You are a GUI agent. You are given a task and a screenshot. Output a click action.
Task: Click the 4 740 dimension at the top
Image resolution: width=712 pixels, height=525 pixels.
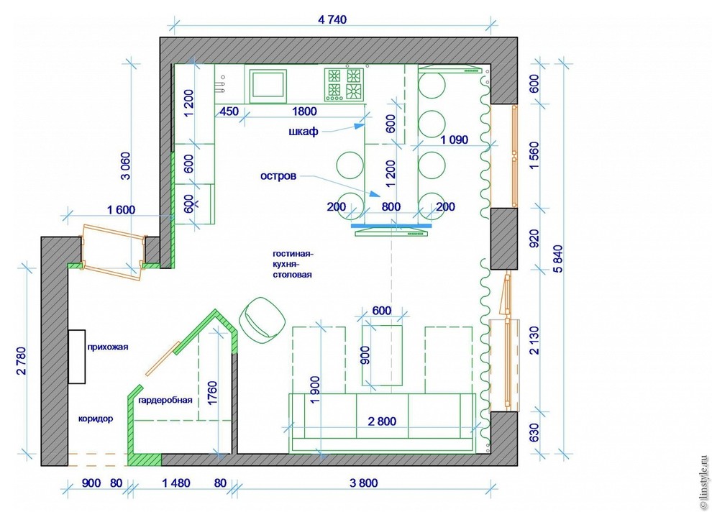(332, 19)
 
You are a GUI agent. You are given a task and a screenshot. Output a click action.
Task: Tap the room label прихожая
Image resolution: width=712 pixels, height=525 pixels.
(108, 347)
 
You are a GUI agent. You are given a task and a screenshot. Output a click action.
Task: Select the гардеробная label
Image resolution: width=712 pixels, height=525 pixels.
(165, 400)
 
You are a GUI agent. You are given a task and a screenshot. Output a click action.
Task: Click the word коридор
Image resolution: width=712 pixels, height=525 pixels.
(96, 419)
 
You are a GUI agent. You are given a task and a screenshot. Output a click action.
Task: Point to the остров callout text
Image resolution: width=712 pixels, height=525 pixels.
(278, 175)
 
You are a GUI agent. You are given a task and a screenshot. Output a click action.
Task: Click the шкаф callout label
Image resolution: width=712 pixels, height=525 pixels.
(303, 132)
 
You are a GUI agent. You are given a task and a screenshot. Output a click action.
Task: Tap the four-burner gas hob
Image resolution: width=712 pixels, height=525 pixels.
(344, 84)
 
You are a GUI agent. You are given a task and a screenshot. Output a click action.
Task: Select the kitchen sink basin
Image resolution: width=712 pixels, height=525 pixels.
(269, 84)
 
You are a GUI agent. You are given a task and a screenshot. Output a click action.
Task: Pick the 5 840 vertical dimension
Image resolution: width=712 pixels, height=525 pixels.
(557, 259)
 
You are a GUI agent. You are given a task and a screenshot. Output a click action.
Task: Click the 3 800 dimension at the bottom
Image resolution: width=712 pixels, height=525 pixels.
(364, 483)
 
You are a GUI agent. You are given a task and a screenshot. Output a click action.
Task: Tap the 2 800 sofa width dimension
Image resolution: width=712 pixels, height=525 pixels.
(382, 421)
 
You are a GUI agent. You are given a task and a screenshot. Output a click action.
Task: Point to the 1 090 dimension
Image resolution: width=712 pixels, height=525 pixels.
(454, 140)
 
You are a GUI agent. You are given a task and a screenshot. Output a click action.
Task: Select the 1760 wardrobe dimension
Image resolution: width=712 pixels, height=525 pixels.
(212, 393)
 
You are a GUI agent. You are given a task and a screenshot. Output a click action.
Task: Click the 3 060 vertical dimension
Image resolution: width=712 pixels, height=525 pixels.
(125, 165)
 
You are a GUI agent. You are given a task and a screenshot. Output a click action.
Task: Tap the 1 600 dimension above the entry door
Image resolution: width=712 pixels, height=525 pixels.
(122, 210)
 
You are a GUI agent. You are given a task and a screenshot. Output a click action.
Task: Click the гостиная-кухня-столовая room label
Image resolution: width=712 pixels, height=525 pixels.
(293, 265)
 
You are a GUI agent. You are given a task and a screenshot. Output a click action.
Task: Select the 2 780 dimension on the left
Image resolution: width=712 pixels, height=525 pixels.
(22, 361)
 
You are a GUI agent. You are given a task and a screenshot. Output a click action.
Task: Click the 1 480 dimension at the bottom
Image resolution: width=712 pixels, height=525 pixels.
(176, 483)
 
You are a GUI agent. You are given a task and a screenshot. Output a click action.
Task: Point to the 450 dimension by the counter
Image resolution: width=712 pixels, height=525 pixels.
(229, 111)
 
